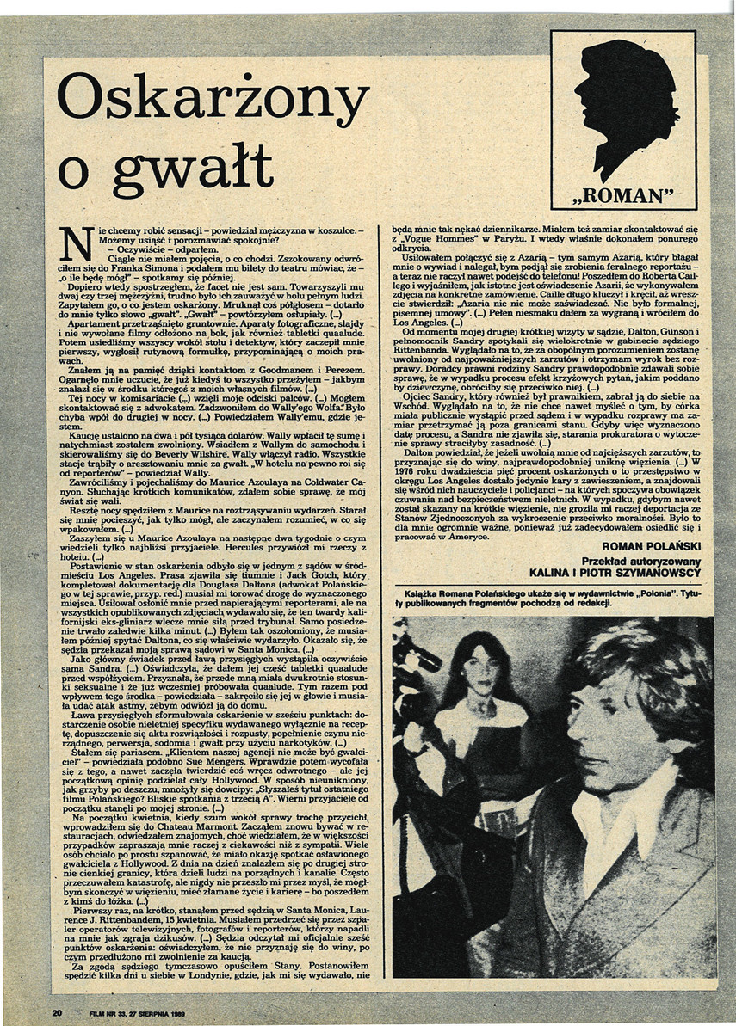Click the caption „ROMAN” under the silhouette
622,194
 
